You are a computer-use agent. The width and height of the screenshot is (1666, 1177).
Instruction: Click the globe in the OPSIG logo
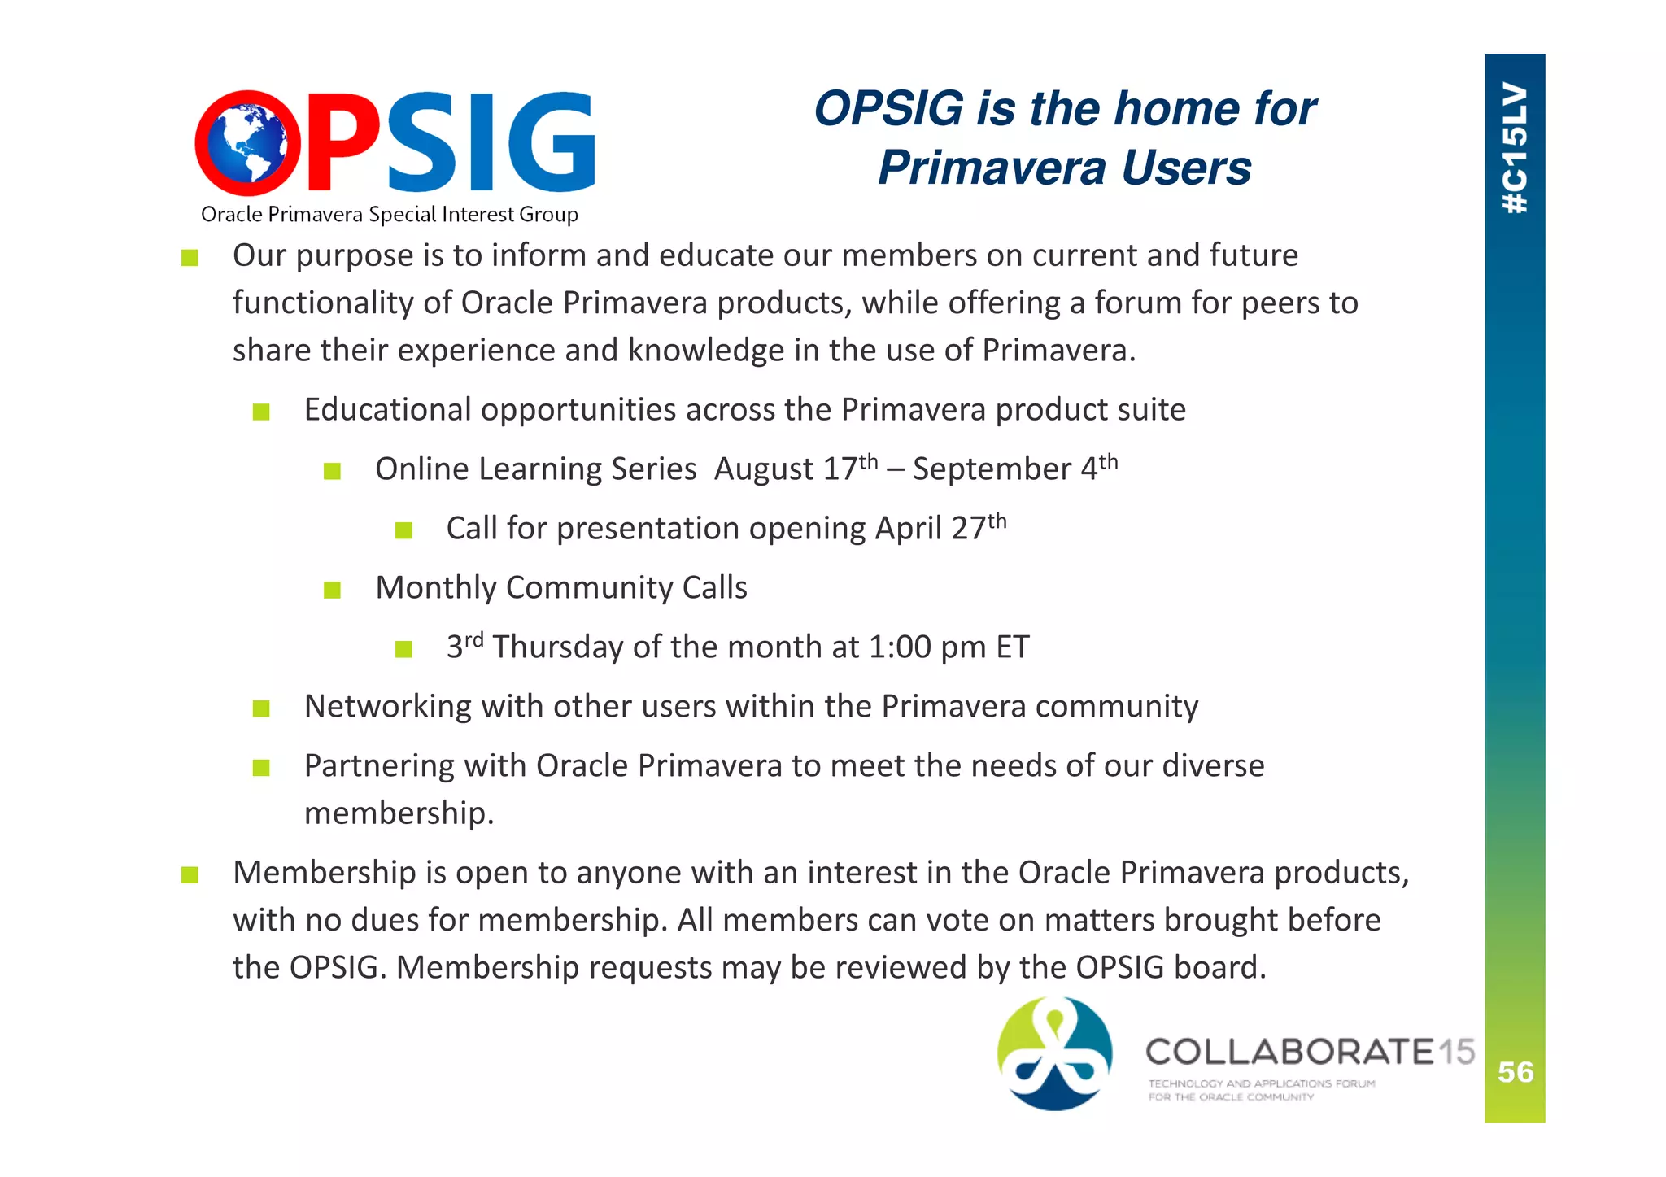point(247,144)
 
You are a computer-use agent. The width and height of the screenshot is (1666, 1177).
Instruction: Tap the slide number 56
point(1516,1072)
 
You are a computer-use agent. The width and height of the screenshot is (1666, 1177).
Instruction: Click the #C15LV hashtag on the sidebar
point(1515,148)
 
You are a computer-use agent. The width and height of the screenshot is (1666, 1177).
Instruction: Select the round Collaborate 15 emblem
point(1055,1053)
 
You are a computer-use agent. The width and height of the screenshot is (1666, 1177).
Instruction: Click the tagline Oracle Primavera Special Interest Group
point(389,215)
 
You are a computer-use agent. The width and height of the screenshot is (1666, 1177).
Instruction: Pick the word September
point(992,469)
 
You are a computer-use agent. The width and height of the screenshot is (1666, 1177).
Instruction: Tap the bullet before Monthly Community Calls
point(332,589)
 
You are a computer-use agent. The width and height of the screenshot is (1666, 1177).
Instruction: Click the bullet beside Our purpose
point(190,258)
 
